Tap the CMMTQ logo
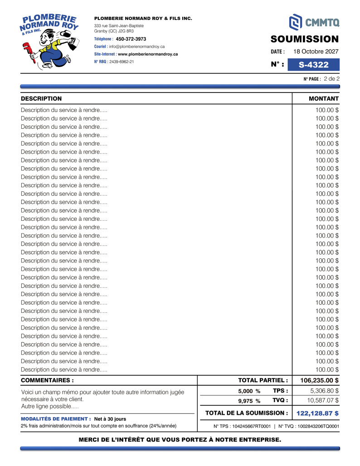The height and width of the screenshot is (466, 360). click(314, 21)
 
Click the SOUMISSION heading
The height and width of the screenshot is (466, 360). click(305, 39)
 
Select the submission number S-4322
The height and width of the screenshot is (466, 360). click(313, 65)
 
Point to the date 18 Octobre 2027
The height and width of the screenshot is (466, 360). click(316, 52)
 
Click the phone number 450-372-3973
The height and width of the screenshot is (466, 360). click(131, 39)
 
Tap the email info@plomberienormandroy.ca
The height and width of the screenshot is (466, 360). click(136, 47)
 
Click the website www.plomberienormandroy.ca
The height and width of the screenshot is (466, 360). click(148, 54)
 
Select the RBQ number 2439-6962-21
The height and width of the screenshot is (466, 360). click(122, 62)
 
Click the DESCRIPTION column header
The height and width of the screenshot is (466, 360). click(41, 98)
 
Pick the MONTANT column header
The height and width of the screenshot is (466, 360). click(323, 98)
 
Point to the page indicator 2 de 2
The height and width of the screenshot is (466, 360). click(331, 78)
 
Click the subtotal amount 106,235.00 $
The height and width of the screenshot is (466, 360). click(319, 380)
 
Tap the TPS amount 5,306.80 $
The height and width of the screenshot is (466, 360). click(324, 391)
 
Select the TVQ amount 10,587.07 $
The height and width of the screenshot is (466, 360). click(323, 401)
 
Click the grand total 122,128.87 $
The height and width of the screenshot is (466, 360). click(317, 413)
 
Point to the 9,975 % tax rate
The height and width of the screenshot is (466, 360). click(249, 401)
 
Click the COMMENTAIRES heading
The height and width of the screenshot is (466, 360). click(47, 380)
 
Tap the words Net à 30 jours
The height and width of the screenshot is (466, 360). click(110, 419)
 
